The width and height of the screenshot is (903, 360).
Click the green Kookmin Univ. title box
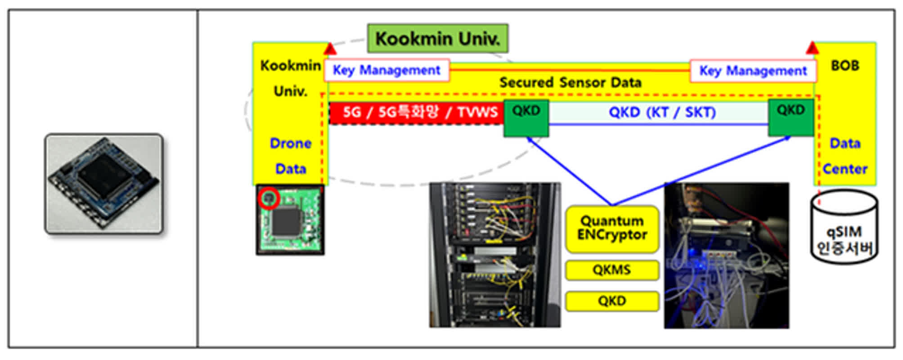click(437, 39)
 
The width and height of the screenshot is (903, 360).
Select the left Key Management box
click(386, 70)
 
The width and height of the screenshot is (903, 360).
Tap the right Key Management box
click(753, 71)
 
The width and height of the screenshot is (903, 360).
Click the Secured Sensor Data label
click(570, 83)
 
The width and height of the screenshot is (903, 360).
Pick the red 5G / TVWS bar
click(417, 112)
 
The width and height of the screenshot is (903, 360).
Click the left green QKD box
click(526, 118)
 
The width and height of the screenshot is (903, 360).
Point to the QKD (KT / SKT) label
click(662, 112)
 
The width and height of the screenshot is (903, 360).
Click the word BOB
click(845, 66)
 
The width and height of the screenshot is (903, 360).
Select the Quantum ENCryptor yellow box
click(612, 229)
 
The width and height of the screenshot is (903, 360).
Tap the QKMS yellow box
click(612, 270)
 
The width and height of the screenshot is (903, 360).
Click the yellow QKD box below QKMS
click(612, 301)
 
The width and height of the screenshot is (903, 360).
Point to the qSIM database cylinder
click(844, 227)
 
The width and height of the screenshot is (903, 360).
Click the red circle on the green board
click(269, 198)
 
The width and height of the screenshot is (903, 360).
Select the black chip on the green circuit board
click(286, 222)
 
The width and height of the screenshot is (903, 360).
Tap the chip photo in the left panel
click(104, 184)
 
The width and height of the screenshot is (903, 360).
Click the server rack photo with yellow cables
click(495, 255)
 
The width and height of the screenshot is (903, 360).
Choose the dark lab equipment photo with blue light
click(726, 256)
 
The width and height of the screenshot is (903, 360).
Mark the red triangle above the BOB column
click(812, 48)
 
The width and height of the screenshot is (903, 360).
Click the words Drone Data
click(291, 156)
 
